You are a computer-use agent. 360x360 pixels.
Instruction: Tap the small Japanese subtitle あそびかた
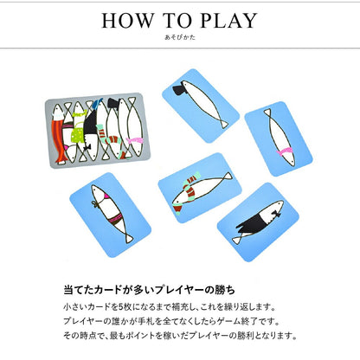coord(179,39)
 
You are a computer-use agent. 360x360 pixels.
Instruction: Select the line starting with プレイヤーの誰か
coord(169,321)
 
